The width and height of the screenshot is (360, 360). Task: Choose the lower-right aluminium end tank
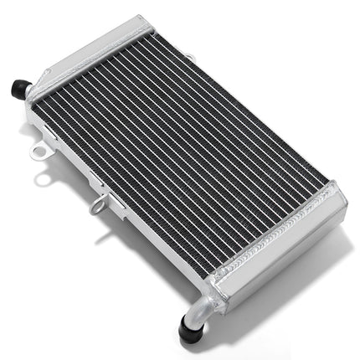(276, 251)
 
